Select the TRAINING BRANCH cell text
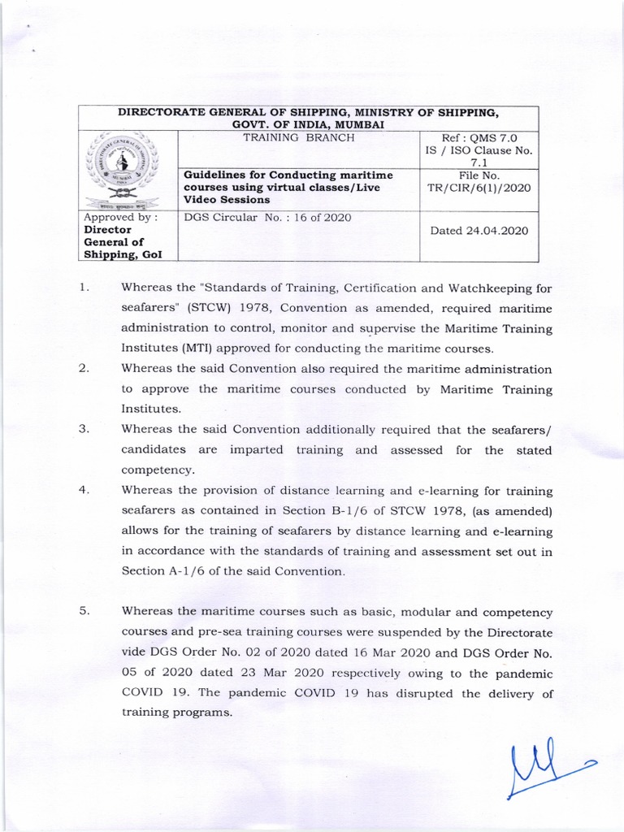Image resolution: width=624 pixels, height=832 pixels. [297, 138]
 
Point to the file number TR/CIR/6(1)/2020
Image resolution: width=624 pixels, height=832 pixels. [479, 188]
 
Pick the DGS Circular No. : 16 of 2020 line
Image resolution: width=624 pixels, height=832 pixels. [268, 217]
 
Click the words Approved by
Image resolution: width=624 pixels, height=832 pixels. [120, 217]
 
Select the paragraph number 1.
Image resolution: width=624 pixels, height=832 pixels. [84, 288]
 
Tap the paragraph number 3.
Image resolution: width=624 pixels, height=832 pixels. [84, 430]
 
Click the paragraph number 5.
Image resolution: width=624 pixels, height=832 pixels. [84, 612]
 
